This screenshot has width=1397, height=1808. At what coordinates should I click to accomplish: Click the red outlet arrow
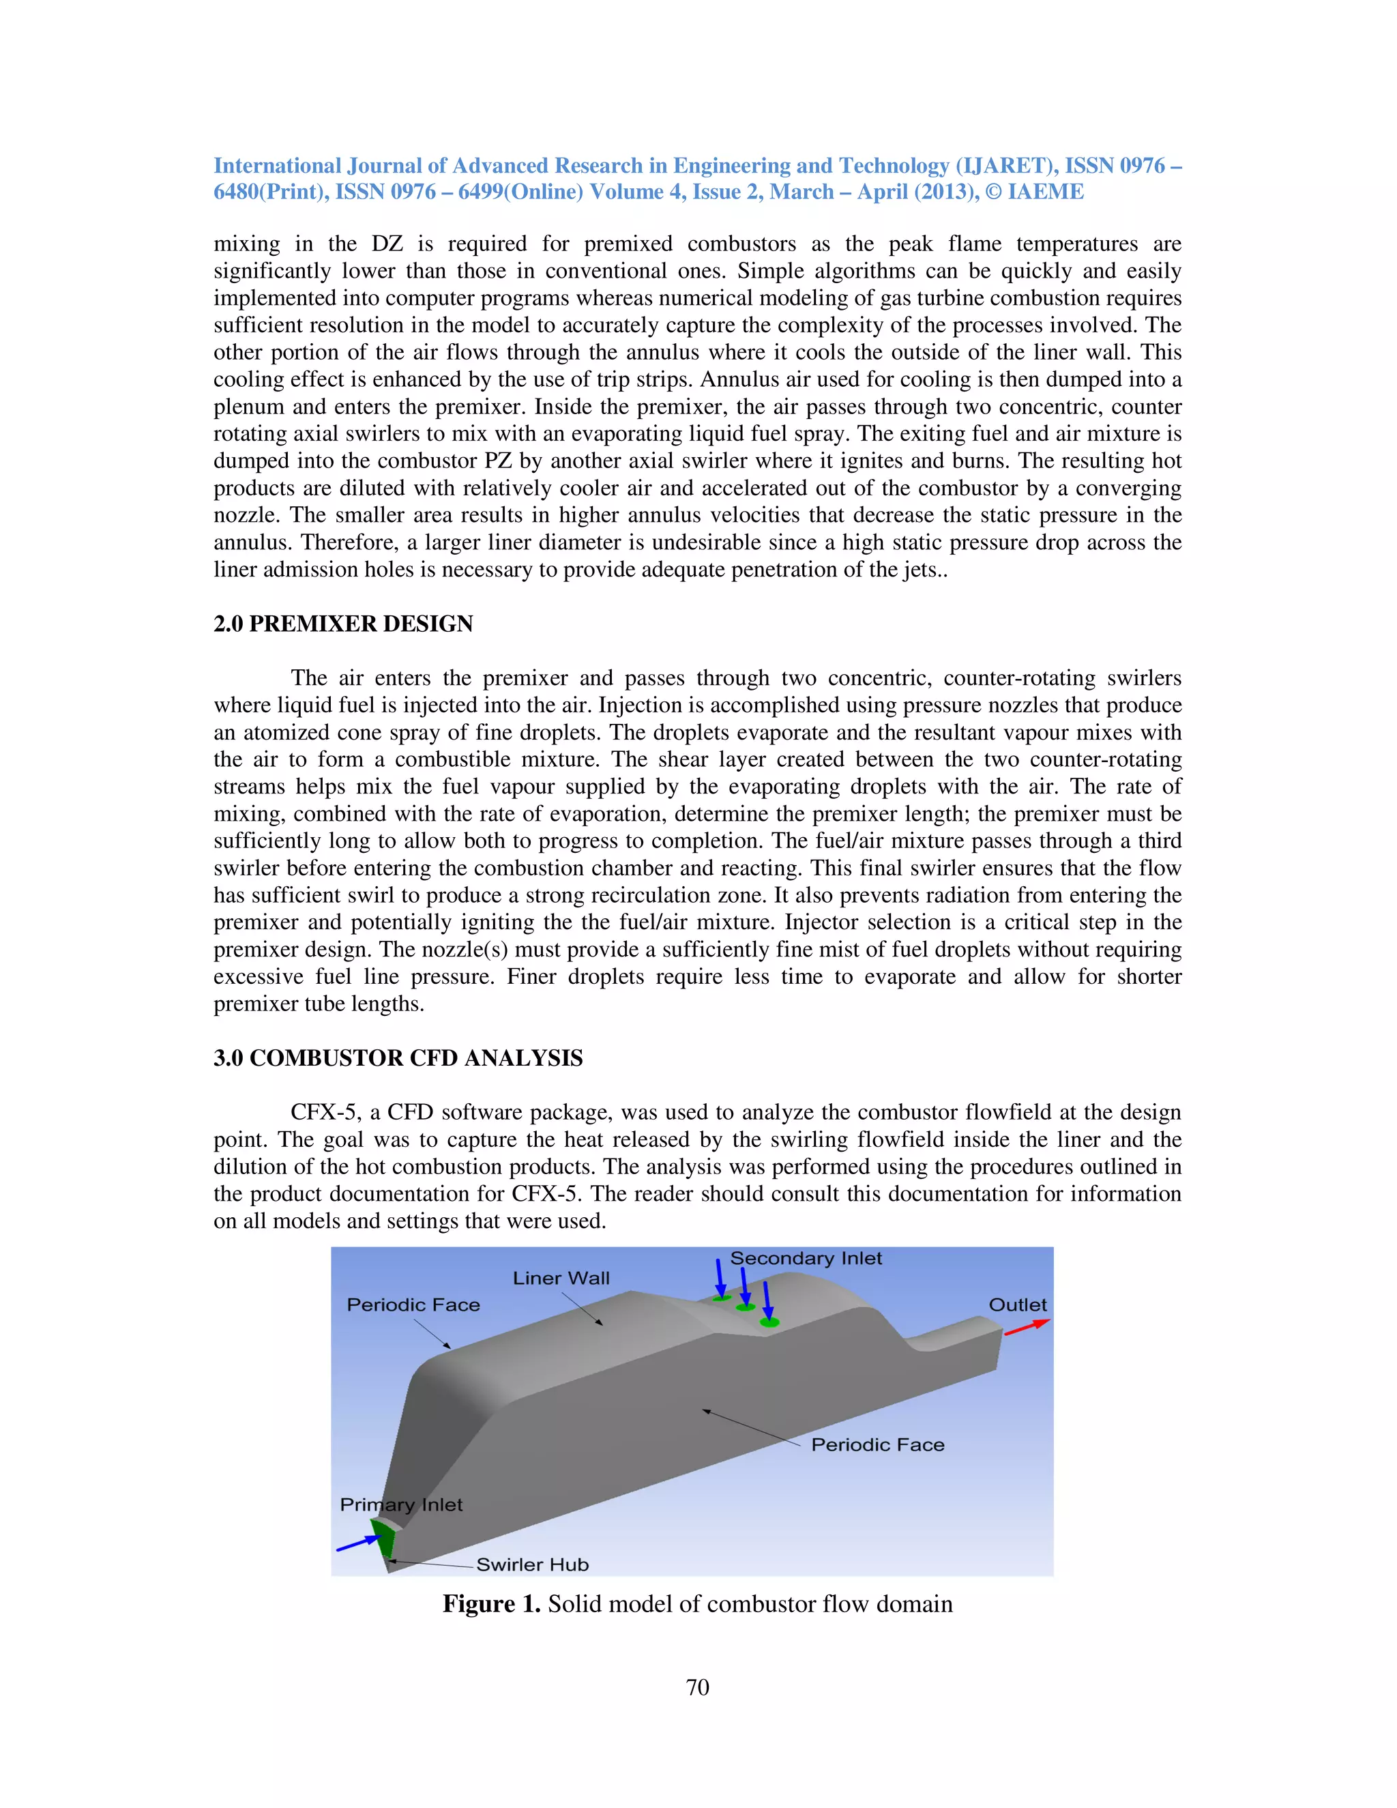[1026, 1327]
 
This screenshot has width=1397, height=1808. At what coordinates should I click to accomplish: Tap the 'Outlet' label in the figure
[1017, 1304]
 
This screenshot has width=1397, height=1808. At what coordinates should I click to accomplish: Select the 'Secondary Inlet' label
[806, 1258]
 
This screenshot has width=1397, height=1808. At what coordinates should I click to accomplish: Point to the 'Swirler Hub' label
[532, 1564]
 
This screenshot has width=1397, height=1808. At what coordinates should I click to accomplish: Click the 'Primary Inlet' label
[400, 1504]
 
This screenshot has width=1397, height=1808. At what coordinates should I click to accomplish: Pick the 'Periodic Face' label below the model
[877, 1444]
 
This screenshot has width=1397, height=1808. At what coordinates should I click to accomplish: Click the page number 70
[698, 1688]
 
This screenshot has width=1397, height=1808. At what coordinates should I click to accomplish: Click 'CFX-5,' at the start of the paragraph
[327, 1113]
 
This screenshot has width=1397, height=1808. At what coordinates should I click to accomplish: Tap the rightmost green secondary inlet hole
[769, 1323]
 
